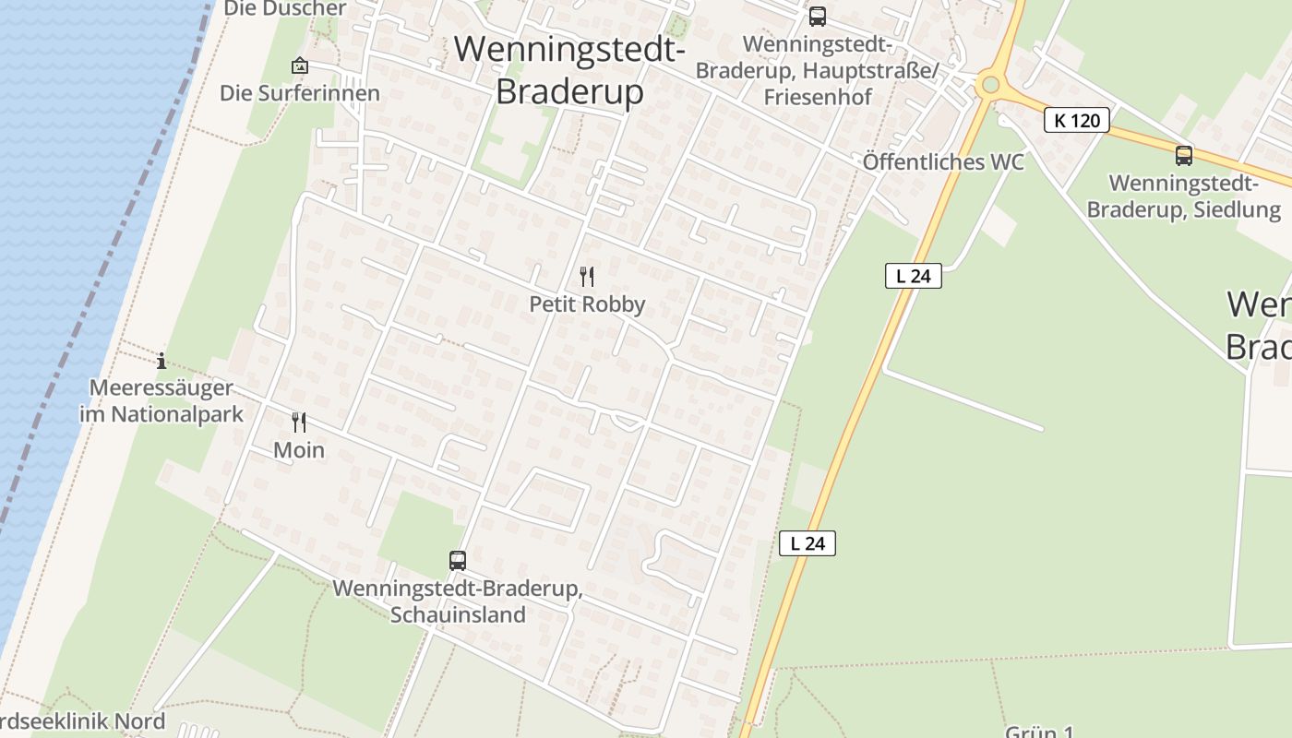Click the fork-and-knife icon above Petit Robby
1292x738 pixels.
[586, 276]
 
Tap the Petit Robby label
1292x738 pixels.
[587, 304]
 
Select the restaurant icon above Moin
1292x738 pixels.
[299, 423]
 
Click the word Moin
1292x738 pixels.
[299, 450]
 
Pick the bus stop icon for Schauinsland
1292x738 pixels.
[458, 560]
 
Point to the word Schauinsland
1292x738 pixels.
[458, 614]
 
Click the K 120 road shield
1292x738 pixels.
[1076, 120]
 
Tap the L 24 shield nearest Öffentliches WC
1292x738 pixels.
[913, 275]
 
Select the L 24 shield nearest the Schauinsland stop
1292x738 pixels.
[807, 543]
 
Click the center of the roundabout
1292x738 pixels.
[990, 85]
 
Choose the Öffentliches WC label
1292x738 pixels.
[943, 162]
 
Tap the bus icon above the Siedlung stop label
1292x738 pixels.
[1184, 155]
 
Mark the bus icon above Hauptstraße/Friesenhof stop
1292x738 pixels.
[818, 16]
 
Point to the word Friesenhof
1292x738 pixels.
[818, 96]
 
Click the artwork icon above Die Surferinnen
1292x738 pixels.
[299, 65]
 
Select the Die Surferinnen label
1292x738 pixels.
[299, 93]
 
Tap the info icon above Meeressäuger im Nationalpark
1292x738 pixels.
[161, 361]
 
